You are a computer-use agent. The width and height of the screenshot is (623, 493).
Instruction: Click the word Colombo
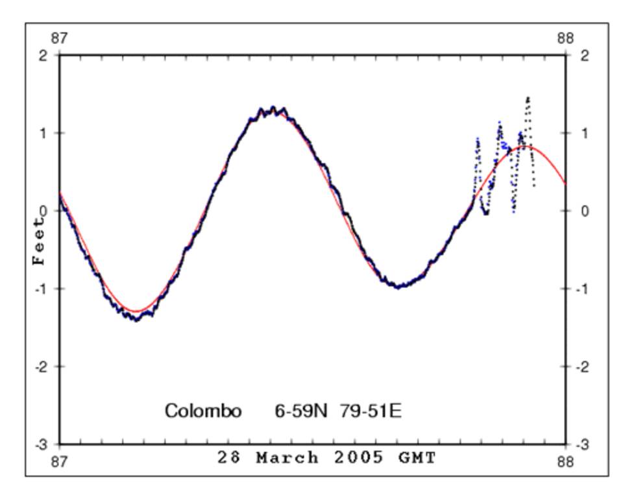pos(203,411)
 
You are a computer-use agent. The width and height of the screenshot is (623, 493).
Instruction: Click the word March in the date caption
pos(287,458)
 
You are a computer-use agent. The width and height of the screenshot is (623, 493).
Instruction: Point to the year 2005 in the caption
pos(361,458)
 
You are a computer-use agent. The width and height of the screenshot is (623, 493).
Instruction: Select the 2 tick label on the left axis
pos(43,56)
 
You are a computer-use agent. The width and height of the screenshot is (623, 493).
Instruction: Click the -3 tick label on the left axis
pos(41,445)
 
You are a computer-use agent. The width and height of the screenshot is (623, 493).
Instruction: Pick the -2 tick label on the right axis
pos(583,367)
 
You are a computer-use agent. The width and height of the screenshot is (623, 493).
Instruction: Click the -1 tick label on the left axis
pos(41,289)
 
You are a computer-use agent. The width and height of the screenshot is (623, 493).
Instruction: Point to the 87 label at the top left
pos(59,39)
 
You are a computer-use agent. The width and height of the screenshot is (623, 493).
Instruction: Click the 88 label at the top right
pos(565,39)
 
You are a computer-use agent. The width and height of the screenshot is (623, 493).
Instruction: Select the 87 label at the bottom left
pos(59,461)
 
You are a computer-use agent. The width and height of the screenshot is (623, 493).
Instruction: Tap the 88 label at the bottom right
pos(565,461)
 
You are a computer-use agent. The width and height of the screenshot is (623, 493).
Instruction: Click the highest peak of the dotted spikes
pos(528,98)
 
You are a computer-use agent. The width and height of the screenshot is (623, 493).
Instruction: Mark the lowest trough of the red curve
pos(137,311)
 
